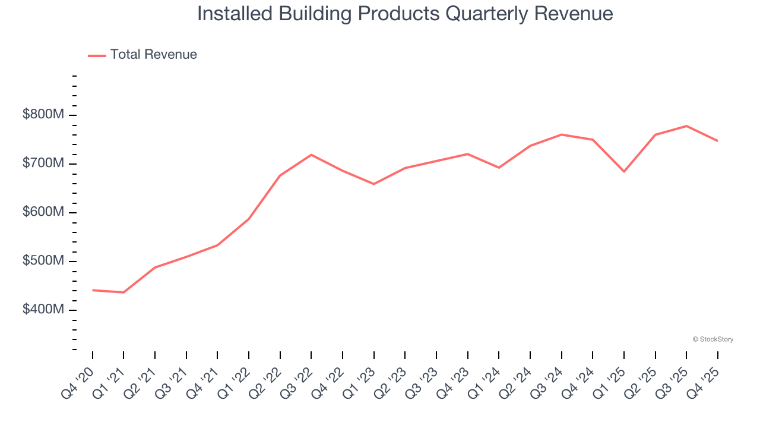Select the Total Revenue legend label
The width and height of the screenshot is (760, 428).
[153, 55]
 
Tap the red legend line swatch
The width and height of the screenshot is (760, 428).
[97, 55]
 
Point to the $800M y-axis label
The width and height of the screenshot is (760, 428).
[43, 115]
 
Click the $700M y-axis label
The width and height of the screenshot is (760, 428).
[43, 163]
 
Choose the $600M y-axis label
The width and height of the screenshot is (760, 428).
[43, 212]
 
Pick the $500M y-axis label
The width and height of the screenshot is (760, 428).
[43, 261]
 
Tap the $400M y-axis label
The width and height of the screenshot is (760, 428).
[43, 310]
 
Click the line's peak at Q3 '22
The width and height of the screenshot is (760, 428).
[311, 155]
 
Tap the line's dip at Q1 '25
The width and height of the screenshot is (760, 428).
[624, 172]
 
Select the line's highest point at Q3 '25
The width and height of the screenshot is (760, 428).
[686, 126]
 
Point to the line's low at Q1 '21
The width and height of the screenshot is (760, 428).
[123, 292]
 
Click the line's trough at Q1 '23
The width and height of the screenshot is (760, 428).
[373, 184]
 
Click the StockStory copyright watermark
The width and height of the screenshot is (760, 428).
[712, 339]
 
